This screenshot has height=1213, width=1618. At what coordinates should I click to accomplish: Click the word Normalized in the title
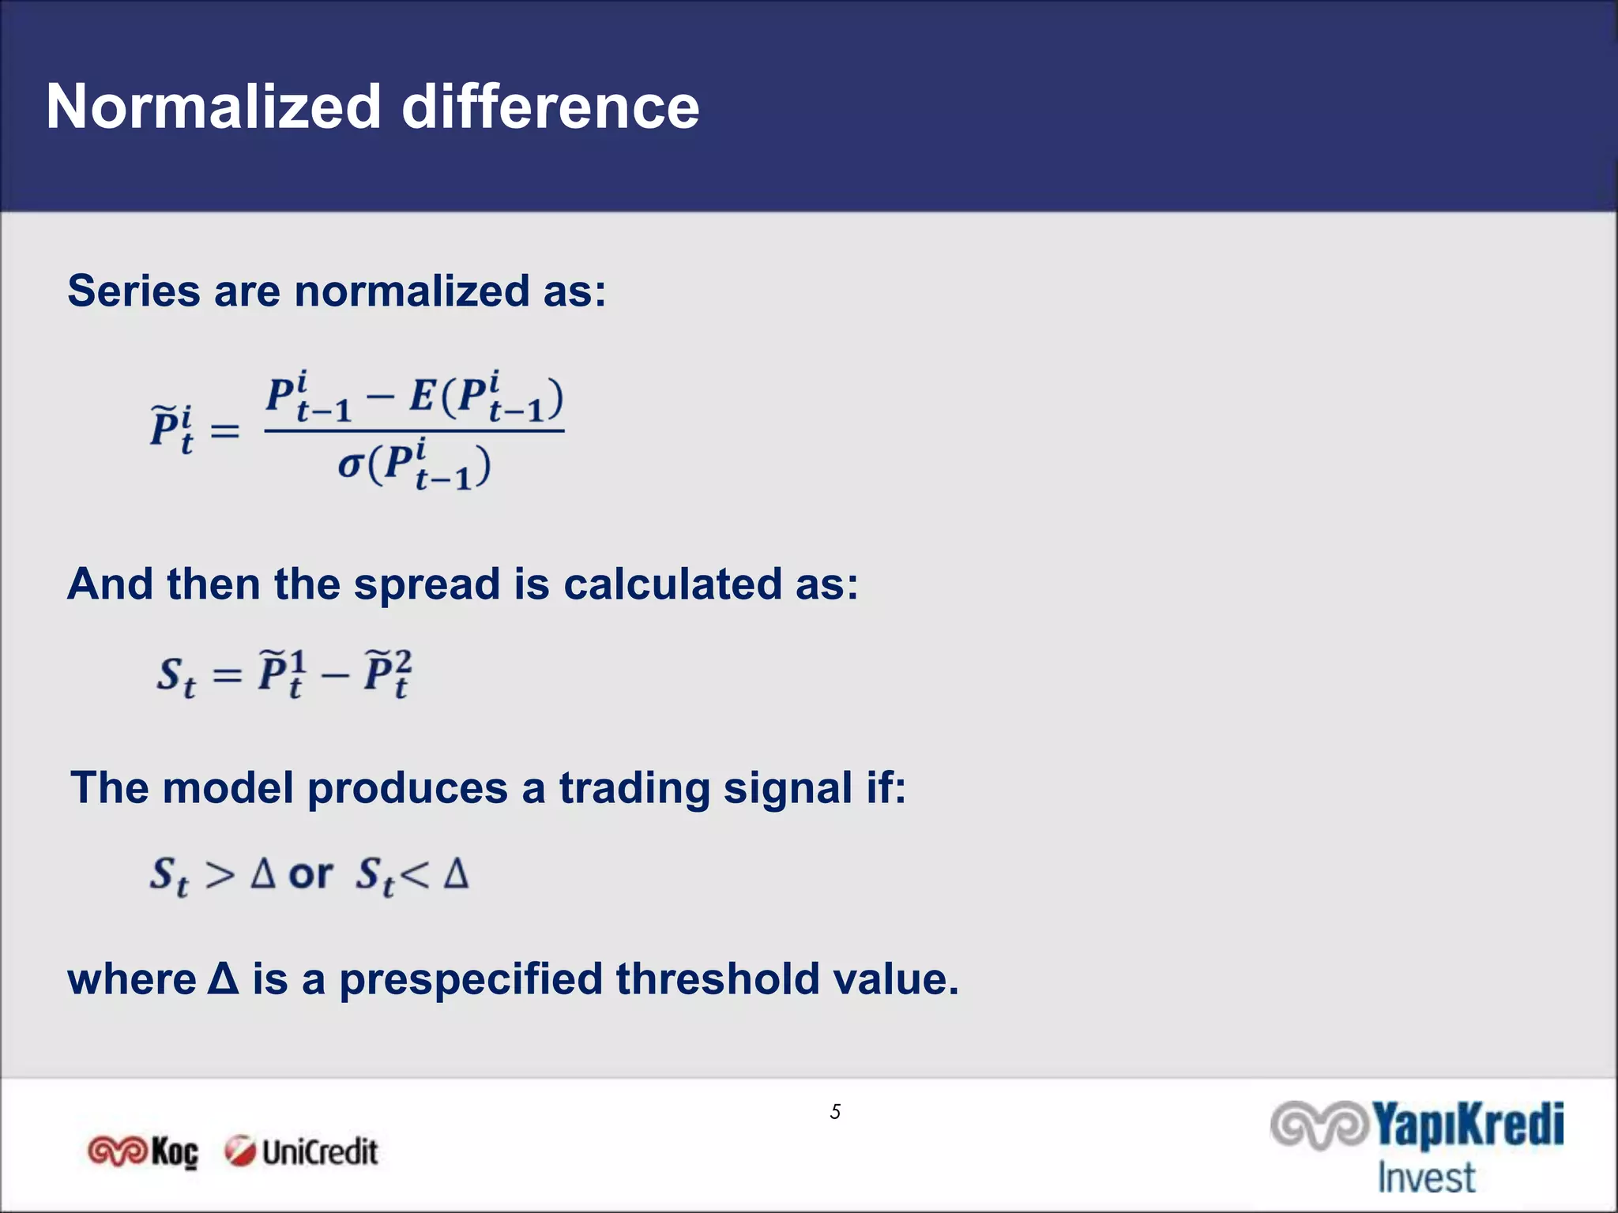coord(213,107)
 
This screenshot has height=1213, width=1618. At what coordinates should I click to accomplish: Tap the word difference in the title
coord(551,107)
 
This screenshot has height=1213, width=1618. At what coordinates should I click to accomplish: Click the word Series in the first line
coord(134,291)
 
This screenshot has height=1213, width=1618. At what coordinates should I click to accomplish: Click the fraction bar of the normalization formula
coord(414,430)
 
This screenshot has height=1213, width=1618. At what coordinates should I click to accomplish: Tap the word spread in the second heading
coord(427,584)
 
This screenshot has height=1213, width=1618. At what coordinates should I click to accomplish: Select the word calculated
coord(672,584)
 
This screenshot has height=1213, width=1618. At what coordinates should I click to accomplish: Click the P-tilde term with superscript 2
coord(387,674)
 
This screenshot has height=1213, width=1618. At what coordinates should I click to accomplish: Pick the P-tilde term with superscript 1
coord(281,674)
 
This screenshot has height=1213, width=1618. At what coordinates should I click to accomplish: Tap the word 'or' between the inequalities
coord(310,874)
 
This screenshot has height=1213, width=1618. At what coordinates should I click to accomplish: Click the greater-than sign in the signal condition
coord(220,875)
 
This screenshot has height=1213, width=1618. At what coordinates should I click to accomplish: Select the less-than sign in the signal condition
coord(414,875)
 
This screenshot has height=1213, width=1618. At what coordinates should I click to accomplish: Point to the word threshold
coord(717,979)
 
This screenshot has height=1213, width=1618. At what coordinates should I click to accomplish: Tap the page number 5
coord(835,1112)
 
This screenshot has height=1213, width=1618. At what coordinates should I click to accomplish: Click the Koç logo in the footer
coord(143,1152)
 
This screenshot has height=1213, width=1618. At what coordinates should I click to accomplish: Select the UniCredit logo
coord(301,1152)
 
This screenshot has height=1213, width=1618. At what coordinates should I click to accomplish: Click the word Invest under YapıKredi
coord(1426,1177)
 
